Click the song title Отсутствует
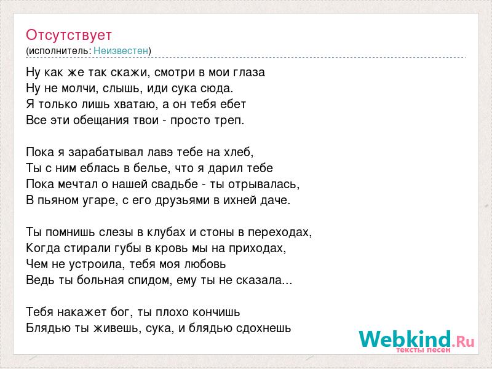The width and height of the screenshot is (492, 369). [x=69, y=35]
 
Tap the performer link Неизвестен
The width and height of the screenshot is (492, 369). [x=121, y=51]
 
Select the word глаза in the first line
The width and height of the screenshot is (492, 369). [x=250, y=73]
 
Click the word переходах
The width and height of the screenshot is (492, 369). [x=279, y=232]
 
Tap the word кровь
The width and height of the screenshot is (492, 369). [x=170, y=248]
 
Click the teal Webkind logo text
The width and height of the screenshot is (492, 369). [x=405, y=339]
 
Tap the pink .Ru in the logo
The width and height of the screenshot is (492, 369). [x=463, y=341]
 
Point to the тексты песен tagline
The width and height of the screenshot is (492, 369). [x=423, y=350]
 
